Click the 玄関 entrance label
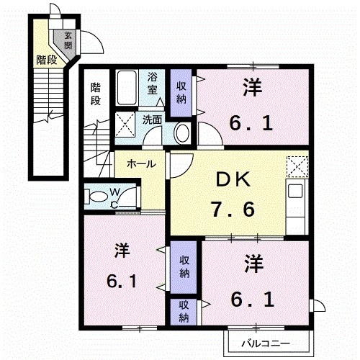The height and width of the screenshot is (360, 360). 68,40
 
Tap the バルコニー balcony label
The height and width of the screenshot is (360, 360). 266,343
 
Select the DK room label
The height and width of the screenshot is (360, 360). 233,180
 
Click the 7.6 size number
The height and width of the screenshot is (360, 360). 233,210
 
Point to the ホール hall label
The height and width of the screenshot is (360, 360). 141,164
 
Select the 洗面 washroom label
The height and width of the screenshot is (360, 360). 152,120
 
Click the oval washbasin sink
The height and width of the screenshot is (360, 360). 183,132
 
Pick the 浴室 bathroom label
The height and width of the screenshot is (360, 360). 152,83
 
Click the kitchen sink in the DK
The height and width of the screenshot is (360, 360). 295,191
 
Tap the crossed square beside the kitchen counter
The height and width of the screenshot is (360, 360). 297,167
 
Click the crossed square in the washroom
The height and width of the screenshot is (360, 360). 125,125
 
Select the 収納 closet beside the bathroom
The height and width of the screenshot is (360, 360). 181,93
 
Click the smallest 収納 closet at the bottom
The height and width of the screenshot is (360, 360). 184,312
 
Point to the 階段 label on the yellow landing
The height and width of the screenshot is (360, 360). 47,60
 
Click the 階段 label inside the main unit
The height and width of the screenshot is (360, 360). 95,94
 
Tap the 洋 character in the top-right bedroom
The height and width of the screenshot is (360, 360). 252,87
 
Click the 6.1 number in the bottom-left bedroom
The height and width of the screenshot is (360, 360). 122,282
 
